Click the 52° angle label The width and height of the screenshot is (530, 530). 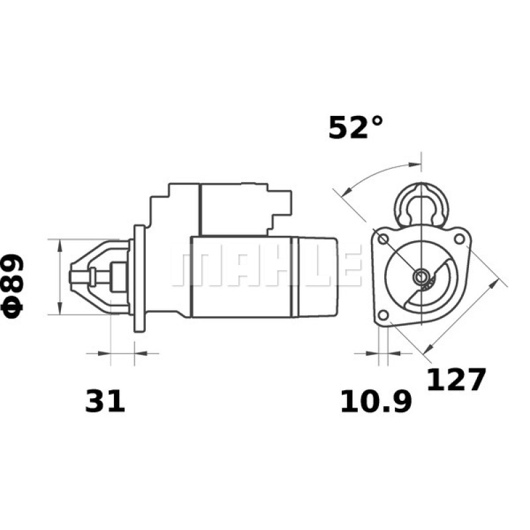click(x=356, y=127)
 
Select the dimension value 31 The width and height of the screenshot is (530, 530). click(x=105, y=401)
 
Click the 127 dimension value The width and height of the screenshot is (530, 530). click(x=456, y=380)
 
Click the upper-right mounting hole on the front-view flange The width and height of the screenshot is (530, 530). click(x=458, y=237)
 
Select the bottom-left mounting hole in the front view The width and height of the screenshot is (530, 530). click(x=383, y=315)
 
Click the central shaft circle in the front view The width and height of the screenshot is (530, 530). click(x=421, y=276)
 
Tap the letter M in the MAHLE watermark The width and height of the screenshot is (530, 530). click(x=189, y=268)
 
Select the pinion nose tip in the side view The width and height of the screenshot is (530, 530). click(x=75, y=276)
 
